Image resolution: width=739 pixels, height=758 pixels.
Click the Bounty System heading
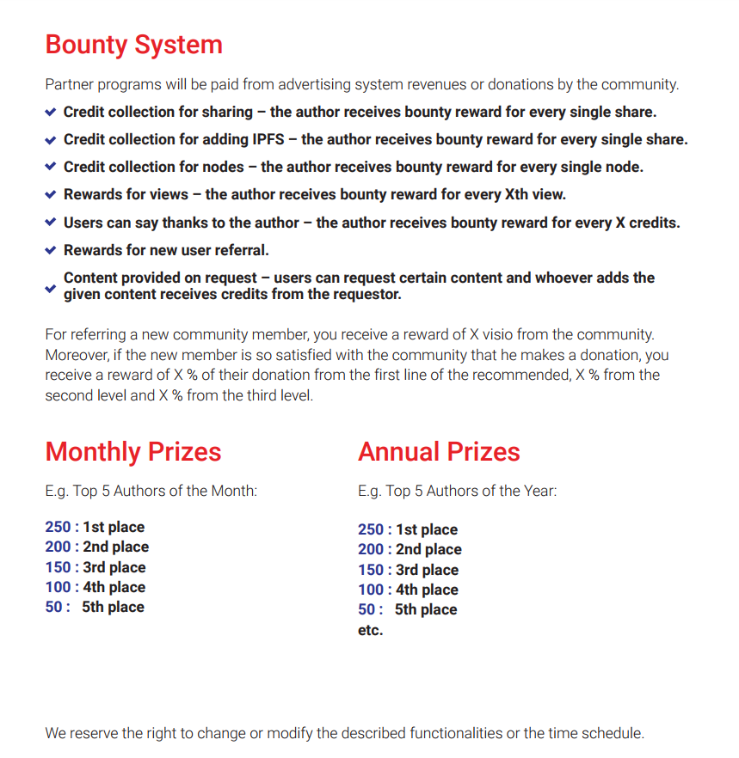point(133,45)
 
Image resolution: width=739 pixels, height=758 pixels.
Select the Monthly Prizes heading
point(133,452)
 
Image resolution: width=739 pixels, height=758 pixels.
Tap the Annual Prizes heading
point(439,452)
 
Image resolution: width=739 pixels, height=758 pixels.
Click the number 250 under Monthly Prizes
point(58,527)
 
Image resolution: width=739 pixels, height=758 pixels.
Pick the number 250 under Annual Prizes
point(371,529)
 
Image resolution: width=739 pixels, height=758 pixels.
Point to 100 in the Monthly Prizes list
point(58,587)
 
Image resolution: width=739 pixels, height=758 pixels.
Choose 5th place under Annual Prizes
point(426,609)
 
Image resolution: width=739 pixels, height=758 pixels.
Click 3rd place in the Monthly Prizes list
point(114,567)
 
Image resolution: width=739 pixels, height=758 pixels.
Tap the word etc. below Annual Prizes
point(370,630)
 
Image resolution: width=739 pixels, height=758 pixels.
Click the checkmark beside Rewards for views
point(51,194)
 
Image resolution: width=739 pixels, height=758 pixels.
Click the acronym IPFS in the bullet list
point(274,139)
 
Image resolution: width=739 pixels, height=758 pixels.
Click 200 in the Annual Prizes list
point(371,549)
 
